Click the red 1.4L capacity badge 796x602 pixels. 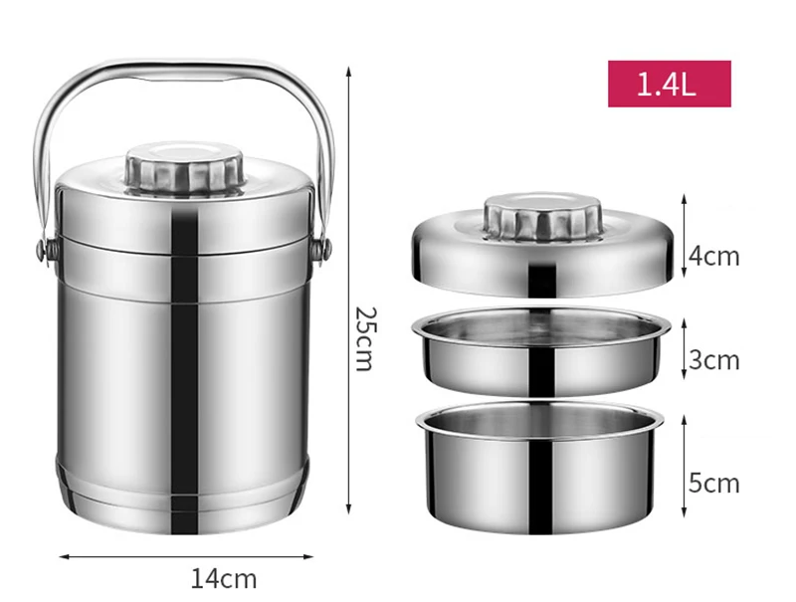(669, 84)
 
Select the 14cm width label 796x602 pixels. (223, 577)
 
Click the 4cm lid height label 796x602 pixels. (714, 256)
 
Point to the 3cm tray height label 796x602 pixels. (714, 359)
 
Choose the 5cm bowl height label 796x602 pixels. (714, 483)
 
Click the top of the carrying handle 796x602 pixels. (185, 67)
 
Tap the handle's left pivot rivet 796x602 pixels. (45, 248)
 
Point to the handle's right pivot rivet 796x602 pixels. (323, 247)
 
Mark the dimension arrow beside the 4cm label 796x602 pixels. (685, 239)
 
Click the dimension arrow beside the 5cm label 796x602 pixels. (685, 468)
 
